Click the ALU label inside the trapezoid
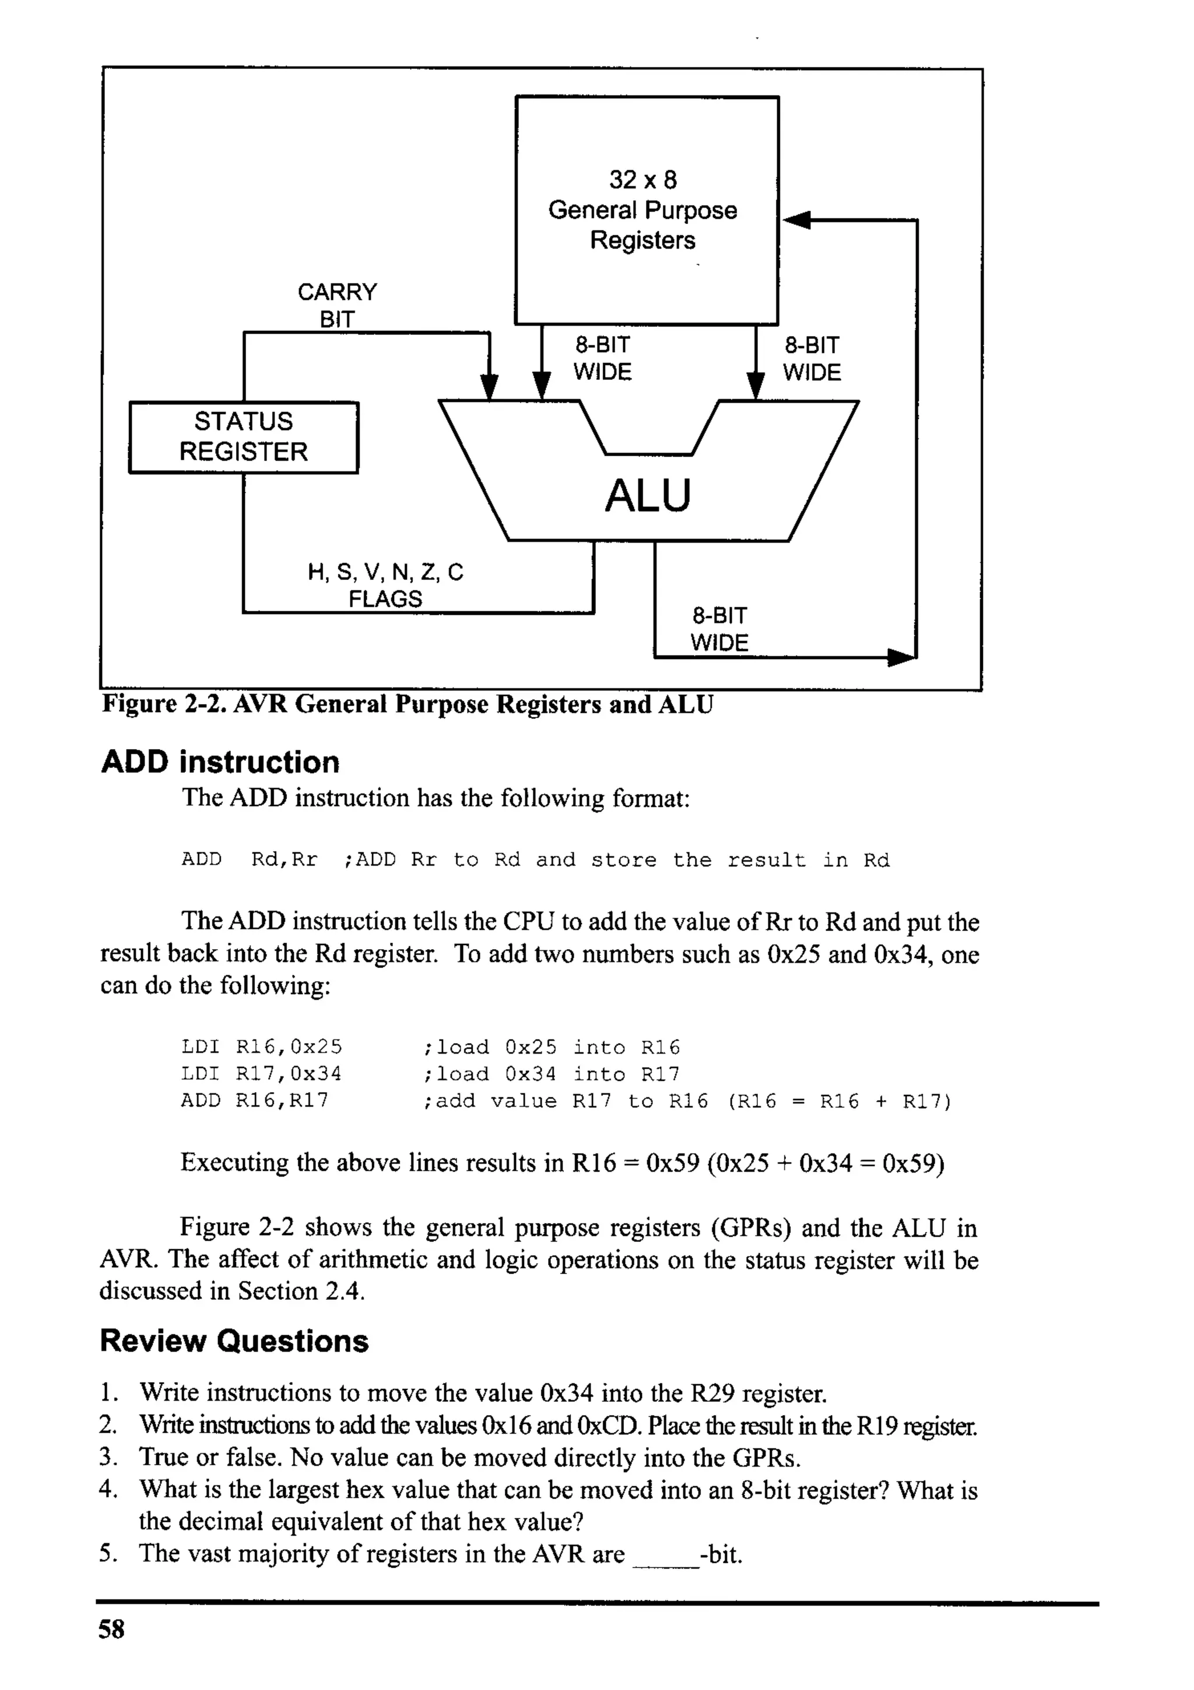click(647, 495)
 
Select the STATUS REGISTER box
click(244, 436)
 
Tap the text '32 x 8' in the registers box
click(642, 180)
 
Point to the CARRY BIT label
click(337, 305)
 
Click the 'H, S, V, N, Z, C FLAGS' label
click(385, 585)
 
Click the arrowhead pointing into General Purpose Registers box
click(798, 220)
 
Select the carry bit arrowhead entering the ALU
click(489, 386)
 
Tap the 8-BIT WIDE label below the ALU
click(719, 629)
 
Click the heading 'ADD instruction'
click(220, 762)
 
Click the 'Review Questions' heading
click(234, 1341)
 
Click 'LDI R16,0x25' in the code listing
click(261, 1047)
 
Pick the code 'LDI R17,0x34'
click(261, 1073)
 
